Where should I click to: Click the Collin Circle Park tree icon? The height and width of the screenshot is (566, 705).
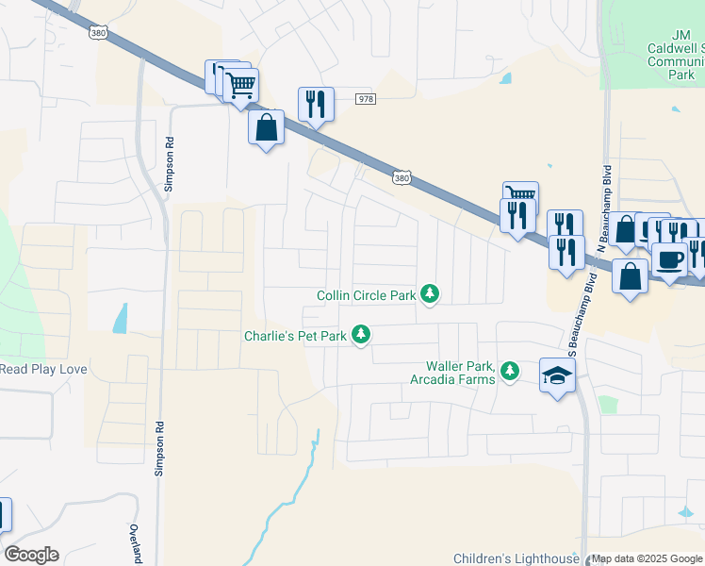[x=430, y=295]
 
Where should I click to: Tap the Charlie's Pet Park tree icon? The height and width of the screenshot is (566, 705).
[x=360, y=335]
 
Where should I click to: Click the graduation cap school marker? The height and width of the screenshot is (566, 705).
[x=558, y=375]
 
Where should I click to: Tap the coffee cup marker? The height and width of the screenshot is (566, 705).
[x=669, y=260]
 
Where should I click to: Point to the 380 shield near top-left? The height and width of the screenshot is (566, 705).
[x=99, y=33]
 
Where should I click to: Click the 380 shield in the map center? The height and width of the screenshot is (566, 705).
[x=402, y=177]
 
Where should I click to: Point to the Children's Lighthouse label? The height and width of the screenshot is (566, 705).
[x=516, y=558]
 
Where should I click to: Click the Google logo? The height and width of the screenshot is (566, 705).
[x=31, y=555]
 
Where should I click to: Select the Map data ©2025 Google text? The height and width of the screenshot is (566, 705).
[x=647, y=559]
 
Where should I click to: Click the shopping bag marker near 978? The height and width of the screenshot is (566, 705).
[x=267, y=127]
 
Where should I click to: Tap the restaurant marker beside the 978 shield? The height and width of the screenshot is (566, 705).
[x=316, y=104]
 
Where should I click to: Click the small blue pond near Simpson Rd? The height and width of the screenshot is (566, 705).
[x=121, y=319]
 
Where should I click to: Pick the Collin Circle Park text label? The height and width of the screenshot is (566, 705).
[x=367, y=295]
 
